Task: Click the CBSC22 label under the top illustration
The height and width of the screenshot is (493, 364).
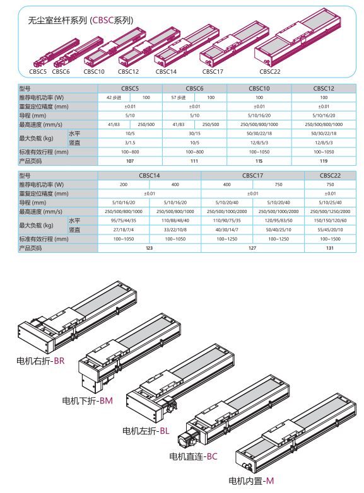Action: click(x=269, y=72)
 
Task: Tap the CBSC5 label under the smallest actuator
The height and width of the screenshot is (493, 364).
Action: click(x=38, y=72)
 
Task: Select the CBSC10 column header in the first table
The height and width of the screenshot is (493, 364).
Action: click(x=259, y=89)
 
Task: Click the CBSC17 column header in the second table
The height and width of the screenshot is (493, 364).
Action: click(x=252, y=176)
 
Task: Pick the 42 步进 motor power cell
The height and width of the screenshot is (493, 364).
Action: click(x=114, y=98)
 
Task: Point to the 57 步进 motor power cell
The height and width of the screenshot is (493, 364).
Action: click(x=179, y=98)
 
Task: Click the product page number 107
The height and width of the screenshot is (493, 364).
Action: click(x=130, y=161)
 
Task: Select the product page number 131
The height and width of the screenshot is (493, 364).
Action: click(x=330, y=248)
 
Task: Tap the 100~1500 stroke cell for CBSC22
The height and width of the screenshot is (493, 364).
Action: click(x=330, y=240)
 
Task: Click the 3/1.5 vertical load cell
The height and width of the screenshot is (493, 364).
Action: click(x=130, y=143)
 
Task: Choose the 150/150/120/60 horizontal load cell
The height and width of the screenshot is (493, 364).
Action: click(x=330, y=221)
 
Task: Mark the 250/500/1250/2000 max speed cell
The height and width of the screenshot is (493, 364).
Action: click(x=330, y=212)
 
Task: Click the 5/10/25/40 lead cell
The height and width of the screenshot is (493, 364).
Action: click(x=330, y=203)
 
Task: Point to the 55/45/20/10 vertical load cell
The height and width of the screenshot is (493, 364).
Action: click(x=330, y=230)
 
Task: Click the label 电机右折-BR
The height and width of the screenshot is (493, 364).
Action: click(x=40, y=361)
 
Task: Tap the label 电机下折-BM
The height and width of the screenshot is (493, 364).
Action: click(x=88, y=401)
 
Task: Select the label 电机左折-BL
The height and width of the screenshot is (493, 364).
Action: click(x=146, y=431)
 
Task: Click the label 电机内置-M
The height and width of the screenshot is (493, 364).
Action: click(x=251, y=481)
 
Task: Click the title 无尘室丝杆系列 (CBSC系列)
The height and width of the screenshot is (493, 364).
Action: click(x=81, y=21)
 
